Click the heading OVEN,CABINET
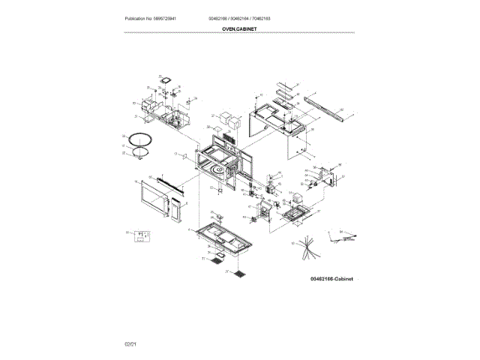(239, 28)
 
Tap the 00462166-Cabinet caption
(331, 278)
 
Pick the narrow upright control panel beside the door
(175, 212)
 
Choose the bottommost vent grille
(238, 273)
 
